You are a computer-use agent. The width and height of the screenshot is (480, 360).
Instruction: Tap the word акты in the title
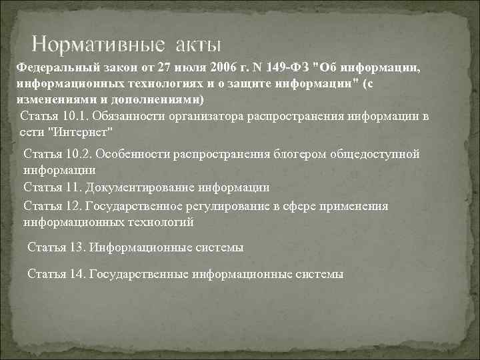tap(197, 45)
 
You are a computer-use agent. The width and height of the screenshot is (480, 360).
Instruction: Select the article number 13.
tap(76, 247)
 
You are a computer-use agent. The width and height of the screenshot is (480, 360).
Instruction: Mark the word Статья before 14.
tap(47, 274)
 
